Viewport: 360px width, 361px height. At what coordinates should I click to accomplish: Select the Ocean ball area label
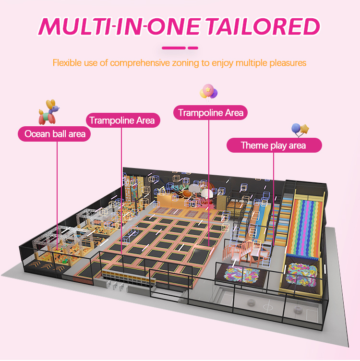(55, 133)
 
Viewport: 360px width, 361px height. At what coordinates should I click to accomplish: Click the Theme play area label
(273, 145)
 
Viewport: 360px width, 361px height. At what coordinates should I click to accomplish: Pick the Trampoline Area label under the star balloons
(211, 113)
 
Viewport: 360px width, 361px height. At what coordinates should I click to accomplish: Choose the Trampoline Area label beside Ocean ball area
(122, 120)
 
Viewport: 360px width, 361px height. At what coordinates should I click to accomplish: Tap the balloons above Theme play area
(300, 130)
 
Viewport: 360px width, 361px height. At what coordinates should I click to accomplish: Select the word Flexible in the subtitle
(66, 63)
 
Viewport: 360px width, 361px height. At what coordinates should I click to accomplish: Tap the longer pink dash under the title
(173, 48)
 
